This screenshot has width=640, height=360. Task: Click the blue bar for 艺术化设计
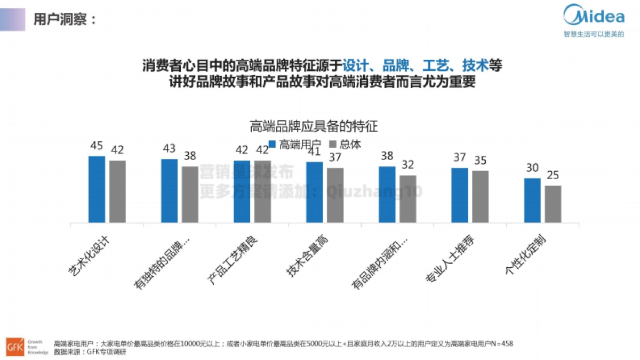97,189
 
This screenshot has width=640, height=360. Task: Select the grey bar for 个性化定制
553,204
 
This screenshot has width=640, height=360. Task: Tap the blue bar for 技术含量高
314,192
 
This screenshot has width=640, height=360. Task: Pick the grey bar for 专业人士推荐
481,196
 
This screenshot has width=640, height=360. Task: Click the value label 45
97,146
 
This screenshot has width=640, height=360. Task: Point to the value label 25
553,175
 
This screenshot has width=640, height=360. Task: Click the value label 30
532,167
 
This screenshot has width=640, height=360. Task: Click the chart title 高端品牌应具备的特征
314,126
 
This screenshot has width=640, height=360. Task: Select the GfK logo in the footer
14,346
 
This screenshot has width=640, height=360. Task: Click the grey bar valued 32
407,198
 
